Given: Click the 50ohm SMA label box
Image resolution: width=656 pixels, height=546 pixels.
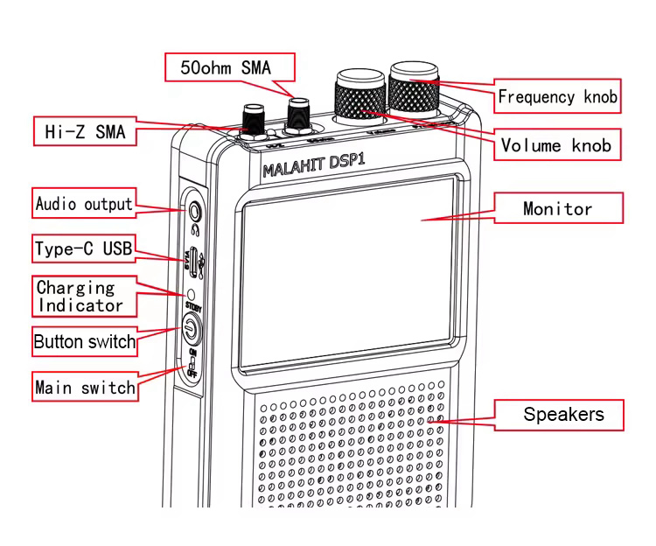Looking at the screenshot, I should click(x=230, y=67).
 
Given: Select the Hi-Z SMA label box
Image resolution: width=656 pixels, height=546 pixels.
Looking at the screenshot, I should click(x=85, y=132).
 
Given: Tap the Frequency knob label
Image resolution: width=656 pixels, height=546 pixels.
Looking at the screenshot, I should click(x=557, y=96).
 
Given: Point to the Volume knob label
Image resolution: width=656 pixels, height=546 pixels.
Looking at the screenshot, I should click(x=556, y=145).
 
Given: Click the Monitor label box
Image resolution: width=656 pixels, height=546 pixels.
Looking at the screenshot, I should click(x=557, y=208).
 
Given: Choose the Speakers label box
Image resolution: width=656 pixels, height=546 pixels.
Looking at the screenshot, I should click(x=561, y=414).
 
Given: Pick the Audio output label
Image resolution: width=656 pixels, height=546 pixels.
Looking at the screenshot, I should click(x=84, y=204).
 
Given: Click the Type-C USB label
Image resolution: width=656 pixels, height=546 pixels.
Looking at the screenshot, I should click(x=84, y=249).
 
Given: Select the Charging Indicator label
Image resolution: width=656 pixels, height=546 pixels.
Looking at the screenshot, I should click(x=79, y=297).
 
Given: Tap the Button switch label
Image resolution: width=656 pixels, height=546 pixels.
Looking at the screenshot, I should click(x=84, y=341).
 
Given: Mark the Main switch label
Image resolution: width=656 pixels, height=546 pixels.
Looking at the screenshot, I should click(x=85, y=387).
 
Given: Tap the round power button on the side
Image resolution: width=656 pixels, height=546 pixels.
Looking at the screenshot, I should click(x=190, y=329).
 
